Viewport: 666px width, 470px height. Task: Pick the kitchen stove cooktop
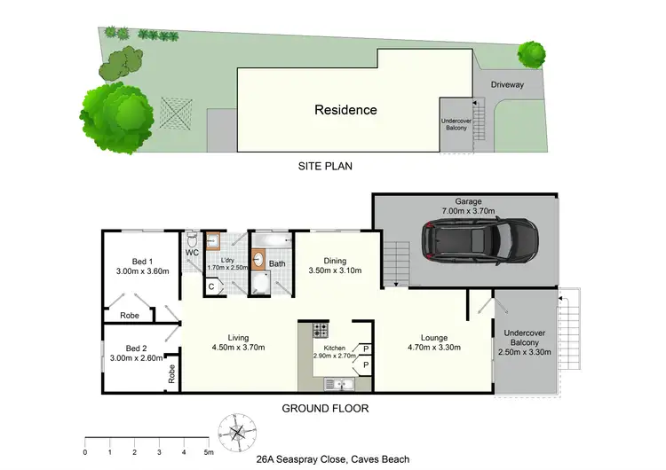click(320, 333)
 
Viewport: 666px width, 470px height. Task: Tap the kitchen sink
click(337, 383)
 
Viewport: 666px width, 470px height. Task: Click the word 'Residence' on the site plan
click(345, 111)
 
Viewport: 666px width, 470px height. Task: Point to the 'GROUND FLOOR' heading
click(325, 409)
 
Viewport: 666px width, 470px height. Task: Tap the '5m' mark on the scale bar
click(209, 451)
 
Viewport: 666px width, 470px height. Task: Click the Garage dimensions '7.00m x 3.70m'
click(468, 211)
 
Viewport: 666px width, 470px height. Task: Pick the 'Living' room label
click(237, 337)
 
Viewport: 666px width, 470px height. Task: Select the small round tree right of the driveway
click(531, 54)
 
